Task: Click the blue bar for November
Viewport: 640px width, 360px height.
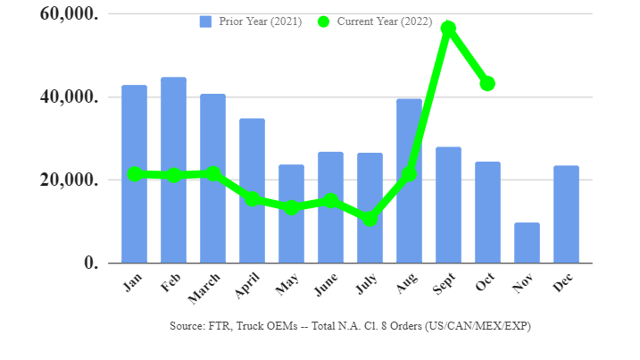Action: [x=527, y=243]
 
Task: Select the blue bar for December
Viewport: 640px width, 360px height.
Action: [x=566, y=214]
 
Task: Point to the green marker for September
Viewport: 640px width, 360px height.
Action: [x=448, y=29]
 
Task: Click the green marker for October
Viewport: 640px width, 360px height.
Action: [x=487, y=83]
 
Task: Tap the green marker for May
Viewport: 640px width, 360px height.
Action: [x=291, y=207]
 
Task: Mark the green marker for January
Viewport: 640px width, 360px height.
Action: [x=134, y=174]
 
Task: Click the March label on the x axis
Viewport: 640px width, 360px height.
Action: [x=206, y=289]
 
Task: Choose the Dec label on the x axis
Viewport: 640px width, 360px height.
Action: [x=564, y=283]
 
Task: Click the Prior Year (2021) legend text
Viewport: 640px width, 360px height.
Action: [x=260, y=21]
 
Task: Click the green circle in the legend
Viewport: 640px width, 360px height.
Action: [x=322, y=21]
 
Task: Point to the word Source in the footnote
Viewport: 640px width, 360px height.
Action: [x=187, y=326]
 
